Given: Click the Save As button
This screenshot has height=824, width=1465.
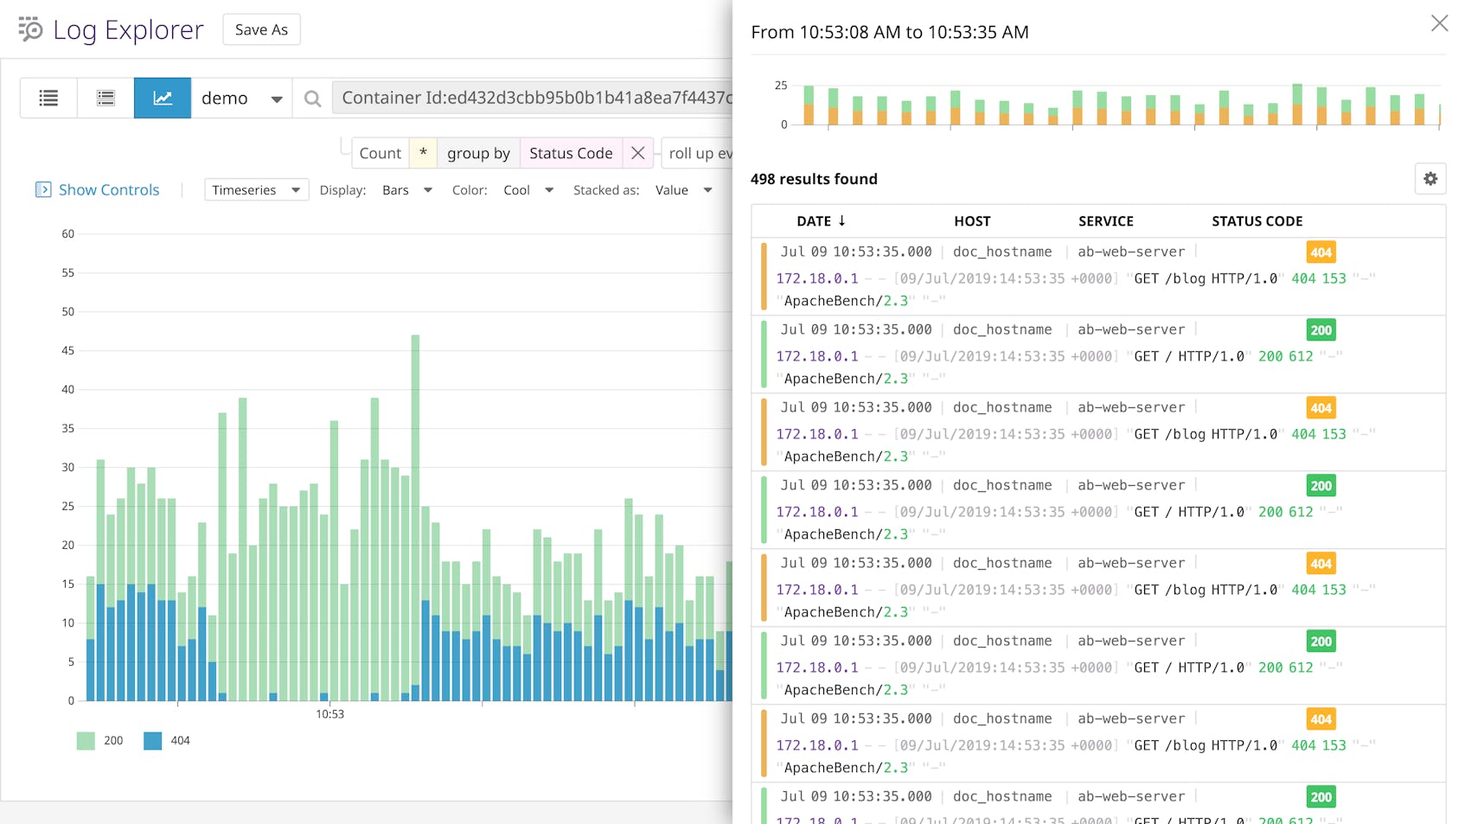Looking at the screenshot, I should [x=261, y=29].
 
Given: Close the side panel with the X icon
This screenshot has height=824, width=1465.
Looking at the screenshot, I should [x=1439, y=23].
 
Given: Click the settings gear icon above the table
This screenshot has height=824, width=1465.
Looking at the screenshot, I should [x=1430, y=179].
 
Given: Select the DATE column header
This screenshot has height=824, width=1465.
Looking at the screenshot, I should [x=821, y=221].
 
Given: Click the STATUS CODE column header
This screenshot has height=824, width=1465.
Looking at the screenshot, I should [x=1257, y=221].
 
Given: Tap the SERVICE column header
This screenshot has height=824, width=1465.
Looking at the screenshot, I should [x=1105, y=221].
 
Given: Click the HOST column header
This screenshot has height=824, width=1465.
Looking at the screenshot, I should [x=972, y=221].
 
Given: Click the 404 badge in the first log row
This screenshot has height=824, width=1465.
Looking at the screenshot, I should [x=1321, y=252].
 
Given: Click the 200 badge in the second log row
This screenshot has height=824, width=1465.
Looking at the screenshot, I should [x=1321, y=330].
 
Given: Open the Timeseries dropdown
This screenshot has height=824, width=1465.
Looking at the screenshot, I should [x=256, y=190].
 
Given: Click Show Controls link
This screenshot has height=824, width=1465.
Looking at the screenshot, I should [x=108, y=190].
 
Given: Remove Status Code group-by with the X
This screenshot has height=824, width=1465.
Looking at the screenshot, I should [x=637, y=153].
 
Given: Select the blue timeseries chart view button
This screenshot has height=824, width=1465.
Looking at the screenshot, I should [x=163, y=98].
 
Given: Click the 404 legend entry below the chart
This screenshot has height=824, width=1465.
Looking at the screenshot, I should [x=168, y=741].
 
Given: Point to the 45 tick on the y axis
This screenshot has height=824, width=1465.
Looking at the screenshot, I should [x=68, y=351].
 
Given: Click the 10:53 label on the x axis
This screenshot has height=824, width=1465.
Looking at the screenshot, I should [x=329, y=714].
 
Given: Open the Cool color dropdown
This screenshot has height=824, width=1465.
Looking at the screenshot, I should [x=528, y=190].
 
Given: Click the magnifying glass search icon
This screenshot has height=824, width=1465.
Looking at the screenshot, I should [x=313, y=99].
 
